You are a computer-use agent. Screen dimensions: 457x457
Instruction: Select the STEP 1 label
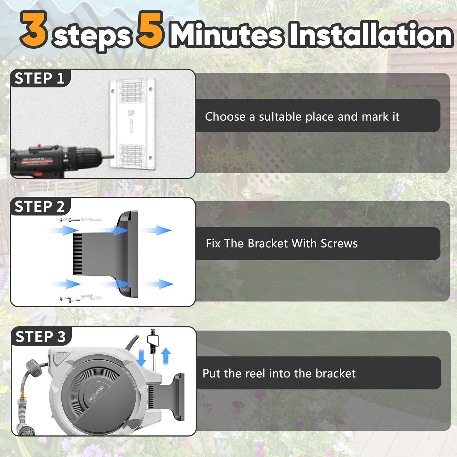(40, 78)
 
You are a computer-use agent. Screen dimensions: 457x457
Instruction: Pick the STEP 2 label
(40, 207)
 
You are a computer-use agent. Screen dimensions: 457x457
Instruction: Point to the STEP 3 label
(41, 337)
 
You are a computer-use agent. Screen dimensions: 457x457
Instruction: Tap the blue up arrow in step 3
(165, 356)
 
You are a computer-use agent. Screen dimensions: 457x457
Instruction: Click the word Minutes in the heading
(227, 36)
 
